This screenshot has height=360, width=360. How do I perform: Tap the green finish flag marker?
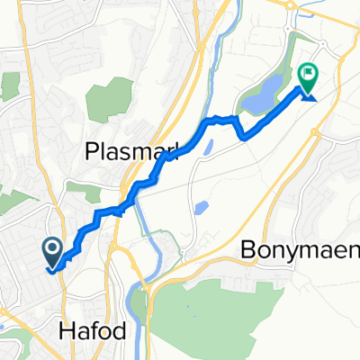[x=308, y=77]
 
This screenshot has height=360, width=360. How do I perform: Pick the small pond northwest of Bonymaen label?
[x=201, y=210]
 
